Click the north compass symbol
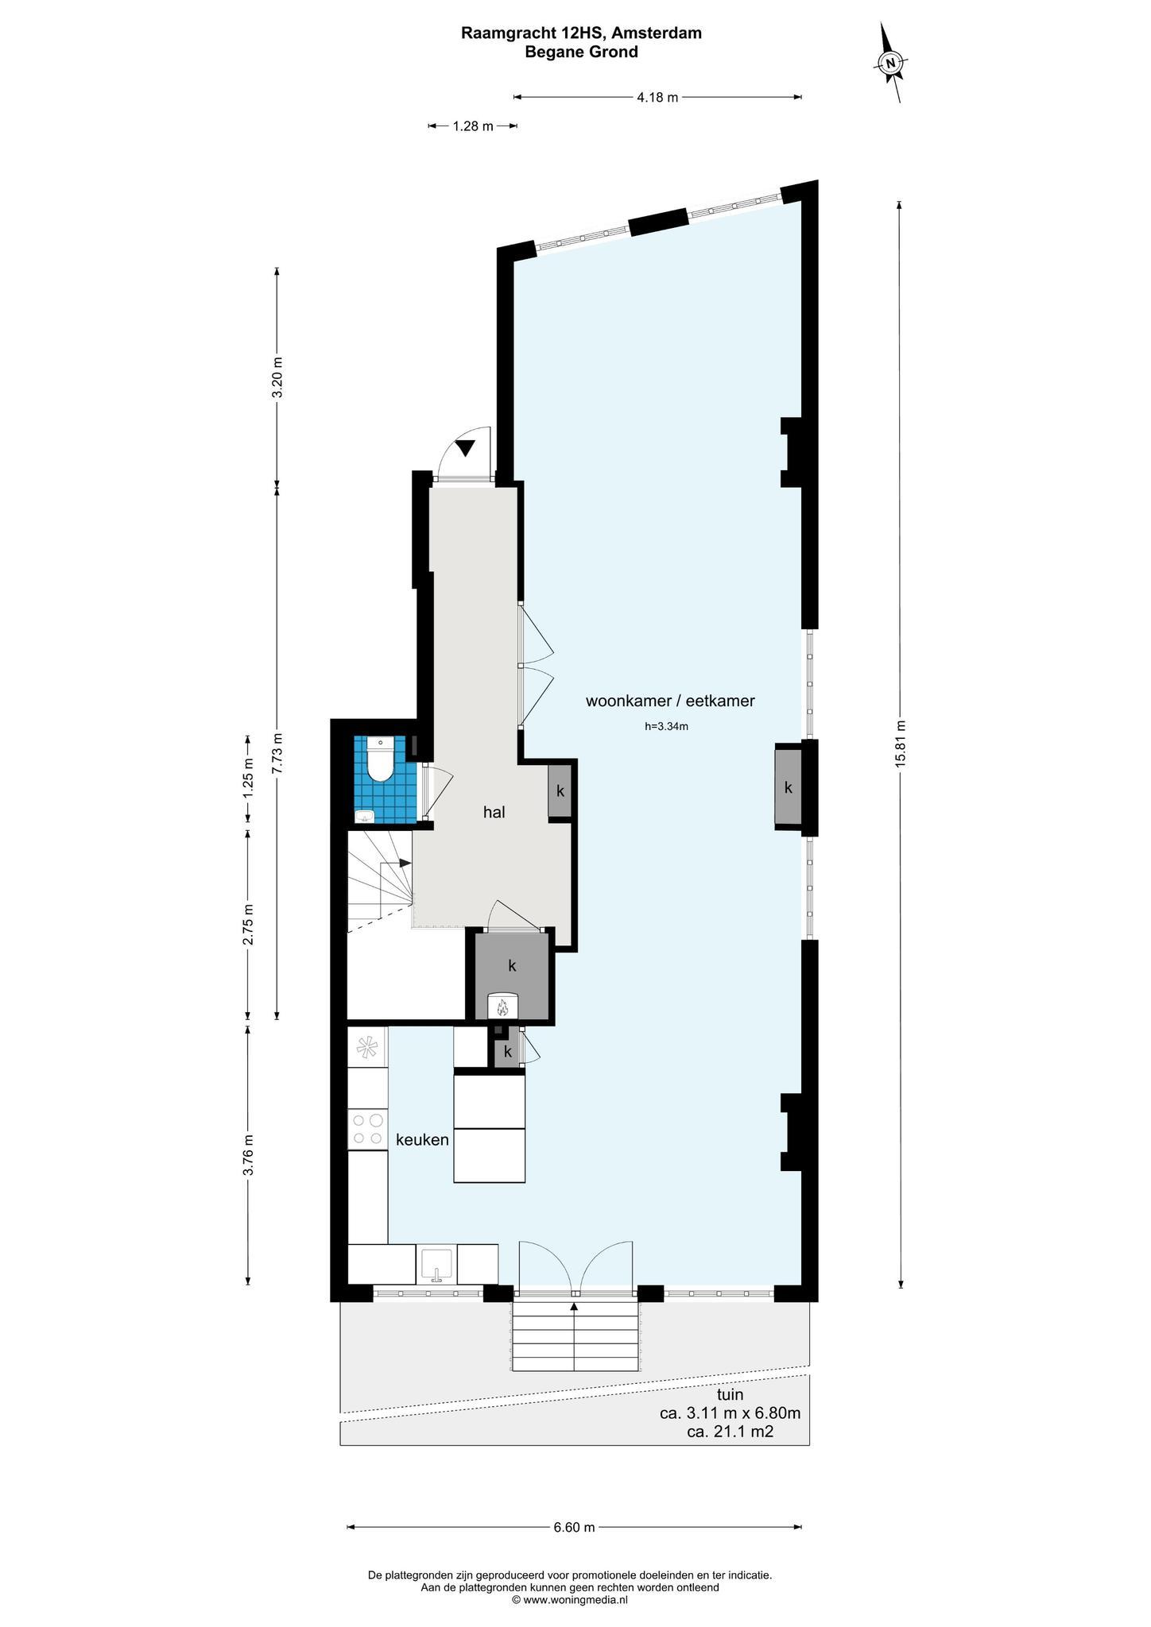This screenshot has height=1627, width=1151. click(x=891, y=63)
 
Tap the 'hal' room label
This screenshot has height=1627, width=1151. click(x=494, y=812)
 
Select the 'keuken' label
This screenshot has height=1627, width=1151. click(x=422, y=1139)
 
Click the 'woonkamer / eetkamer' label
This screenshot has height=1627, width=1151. click(x=669, y=701)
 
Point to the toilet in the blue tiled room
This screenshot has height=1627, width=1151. click(x=381, y=759)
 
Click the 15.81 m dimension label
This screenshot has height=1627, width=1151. click(x=900, y=743)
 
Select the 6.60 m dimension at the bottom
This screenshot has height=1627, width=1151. click(x=574, y=1527)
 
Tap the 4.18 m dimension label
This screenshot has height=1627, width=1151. click(x=657, y=98)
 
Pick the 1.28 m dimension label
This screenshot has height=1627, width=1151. click(x=473, y=126)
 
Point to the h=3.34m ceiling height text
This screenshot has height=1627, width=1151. click(x=666, y=725)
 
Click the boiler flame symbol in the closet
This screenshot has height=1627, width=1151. click(x=502, y=1008)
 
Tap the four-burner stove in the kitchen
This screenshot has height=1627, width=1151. click(x=368, y=1129)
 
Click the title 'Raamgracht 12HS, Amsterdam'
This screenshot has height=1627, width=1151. click(x=581, y=33)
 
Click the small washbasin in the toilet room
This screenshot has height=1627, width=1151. click(x=365, y=816)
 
